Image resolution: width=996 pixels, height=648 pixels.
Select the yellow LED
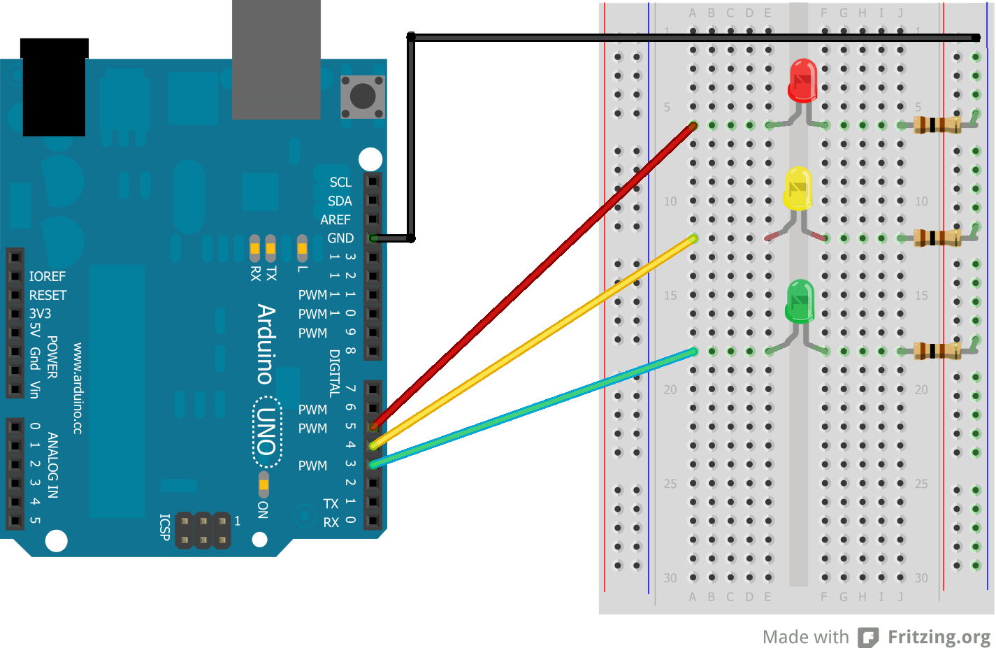point(797,188)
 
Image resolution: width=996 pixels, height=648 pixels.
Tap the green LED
point(800,301)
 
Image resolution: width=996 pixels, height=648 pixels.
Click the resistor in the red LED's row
point(937,125)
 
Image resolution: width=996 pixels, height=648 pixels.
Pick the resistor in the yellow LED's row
point(937,238)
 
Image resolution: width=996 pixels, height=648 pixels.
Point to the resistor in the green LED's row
point(937,351)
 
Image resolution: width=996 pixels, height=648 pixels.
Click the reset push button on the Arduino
point(363,96)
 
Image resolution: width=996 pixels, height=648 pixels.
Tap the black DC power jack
point(55,87)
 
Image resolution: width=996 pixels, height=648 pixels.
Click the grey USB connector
point(276,59)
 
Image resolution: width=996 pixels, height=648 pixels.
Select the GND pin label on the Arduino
point(340,238)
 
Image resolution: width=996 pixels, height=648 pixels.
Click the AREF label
point(335,220)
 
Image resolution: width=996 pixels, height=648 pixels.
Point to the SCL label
point(340,182)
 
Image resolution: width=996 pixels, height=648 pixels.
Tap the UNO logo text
point(266,431)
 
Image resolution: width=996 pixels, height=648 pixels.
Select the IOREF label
point(48,277)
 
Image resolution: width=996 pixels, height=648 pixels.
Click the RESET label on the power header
point(48,296)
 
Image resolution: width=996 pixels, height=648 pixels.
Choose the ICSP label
point(165,528)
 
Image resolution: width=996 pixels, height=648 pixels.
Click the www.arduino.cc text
point(78,389)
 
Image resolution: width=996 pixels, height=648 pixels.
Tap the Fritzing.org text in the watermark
point(939,637)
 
